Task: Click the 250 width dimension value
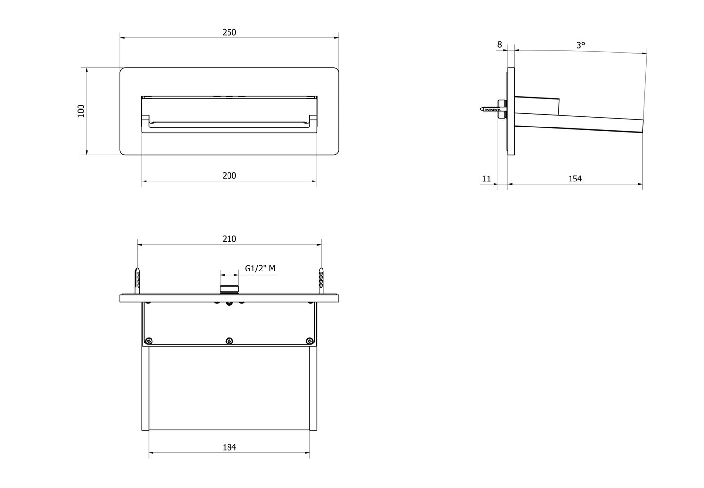[x=229, y=32]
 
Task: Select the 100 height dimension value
[x=81, y=111]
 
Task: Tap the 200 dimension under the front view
[x=229, y=176]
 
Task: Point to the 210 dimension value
[x=229, y=239]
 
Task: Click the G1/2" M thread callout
[x=260, y=269]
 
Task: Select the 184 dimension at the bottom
[x=229, y=447]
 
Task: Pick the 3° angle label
[x=581, y=45]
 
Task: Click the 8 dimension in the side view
[x=499, y=45]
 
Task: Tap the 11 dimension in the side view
[x=486, y=179]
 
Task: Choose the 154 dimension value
[x=575, y=179]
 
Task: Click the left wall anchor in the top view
[x=138, y=280]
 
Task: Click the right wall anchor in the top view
[x=321, y=280]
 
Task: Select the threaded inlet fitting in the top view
[x=229, y=289]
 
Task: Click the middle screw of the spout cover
[x=229, y=341]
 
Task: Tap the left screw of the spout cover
[x=150, y=341]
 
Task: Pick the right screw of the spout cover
[x=308, y=341]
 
